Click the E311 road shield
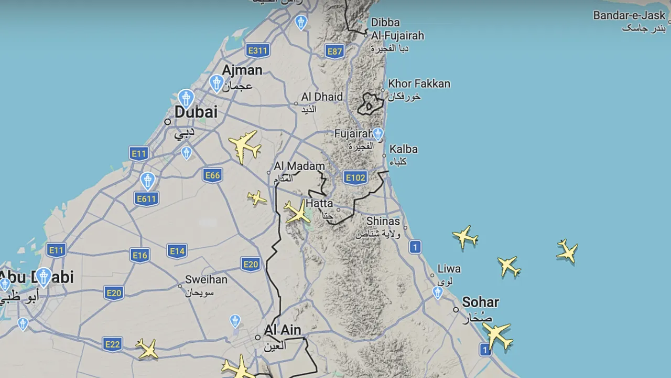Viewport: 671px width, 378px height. (x=257, y=50)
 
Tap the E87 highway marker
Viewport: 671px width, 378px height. (x=334, y=51)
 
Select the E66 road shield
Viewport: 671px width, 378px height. (x=212, y=175)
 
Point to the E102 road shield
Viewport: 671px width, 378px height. (x=355, y=177)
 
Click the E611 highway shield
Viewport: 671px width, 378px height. (x=146, y=198)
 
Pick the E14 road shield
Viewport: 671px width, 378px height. (x=177, y=251)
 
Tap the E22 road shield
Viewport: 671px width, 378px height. (x=112, y=344)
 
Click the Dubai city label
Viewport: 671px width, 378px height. (x=196, y=112)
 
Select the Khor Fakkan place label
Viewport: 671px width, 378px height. (x=419, y=83)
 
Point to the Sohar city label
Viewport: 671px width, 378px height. (x=480, y=302)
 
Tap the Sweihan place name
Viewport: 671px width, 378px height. (x=206, y=279)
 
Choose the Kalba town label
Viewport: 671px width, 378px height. (x=403, y=149)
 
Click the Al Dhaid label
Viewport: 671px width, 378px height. (x=322, y=97)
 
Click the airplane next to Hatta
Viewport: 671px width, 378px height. (x=298, y=212)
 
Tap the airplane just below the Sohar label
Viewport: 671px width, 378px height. (x=496, y=335)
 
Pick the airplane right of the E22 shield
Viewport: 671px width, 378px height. (x=147, y=349)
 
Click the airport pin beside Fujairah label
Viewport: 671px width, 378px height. (x=378, y=133)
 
